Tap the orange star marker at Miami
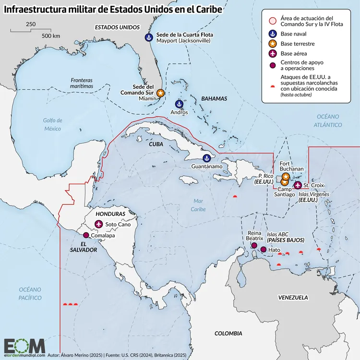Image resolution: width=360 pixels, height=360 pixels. pos(160,93)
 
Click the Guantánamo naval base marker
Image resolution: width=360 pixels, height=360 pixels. pos(207,158)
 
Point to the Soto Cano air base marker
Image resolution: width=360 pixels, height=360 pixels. pos(98,224)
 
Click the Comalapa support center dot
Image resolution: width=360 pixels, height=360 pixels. pos(86,235)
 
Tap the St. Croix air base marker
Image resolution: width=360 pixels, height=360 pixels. pos(298,185)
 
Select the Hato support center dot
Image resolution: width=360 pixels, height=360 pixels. pos(263,250)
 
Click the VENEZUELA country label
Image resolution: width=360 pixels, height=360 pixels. pos(293,298)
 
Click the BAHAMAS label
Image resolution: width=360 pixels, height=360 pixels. pos(214,98)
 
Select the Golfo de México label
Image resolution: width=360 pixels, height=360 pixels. pos(53,124)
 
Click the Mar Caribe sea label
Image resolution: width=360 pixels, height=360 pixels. pos(197,205)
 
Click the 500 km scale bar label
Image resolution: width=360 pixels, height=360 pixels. pos(50,36)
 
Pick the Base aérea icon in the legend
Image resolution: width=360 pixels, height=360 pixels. pos(272,53)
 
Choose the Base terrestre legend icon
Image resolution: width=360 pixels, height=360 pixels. pos(272,44)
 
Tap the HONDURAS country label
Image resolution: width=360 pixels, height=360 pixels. pos(110,214)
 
